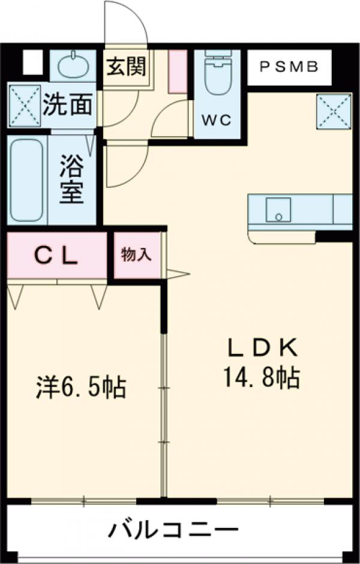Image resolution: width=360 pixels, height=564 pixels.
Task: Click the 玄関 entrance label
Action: point(127,66)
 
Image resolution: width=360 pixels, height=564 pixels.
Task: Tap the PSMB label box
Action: point(289,67)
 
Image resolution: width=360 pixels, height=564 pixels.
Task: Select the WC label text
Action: point(216,119)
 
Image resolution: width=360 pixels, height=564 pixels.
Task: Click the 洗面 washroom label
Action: point(68,105)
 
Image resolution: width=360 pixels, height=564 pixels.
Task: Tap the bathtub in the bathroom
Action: point(27,180)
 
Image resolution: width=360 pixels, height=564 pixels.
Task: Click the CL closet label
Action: point(55,256)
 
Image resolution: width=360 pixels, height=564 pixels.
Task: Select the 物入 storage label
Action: point(136,254)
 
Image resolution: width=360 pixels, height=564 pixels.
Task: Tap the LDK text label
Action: point(262,347)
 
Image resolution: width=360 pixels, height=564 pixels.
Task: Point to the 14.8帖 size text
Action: point(262,377)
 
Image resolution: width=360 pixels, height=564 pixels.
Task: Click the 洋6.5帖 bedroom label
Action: point(79,387)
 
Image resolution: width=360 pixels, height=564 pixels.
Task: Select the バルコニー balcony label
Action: point(173,530)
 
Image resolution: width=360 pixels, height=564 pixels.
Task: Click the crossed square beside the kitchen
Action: point(334,111)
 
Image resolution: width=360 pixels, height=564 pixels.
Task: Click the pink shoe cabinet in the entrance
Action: point(178,71)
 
